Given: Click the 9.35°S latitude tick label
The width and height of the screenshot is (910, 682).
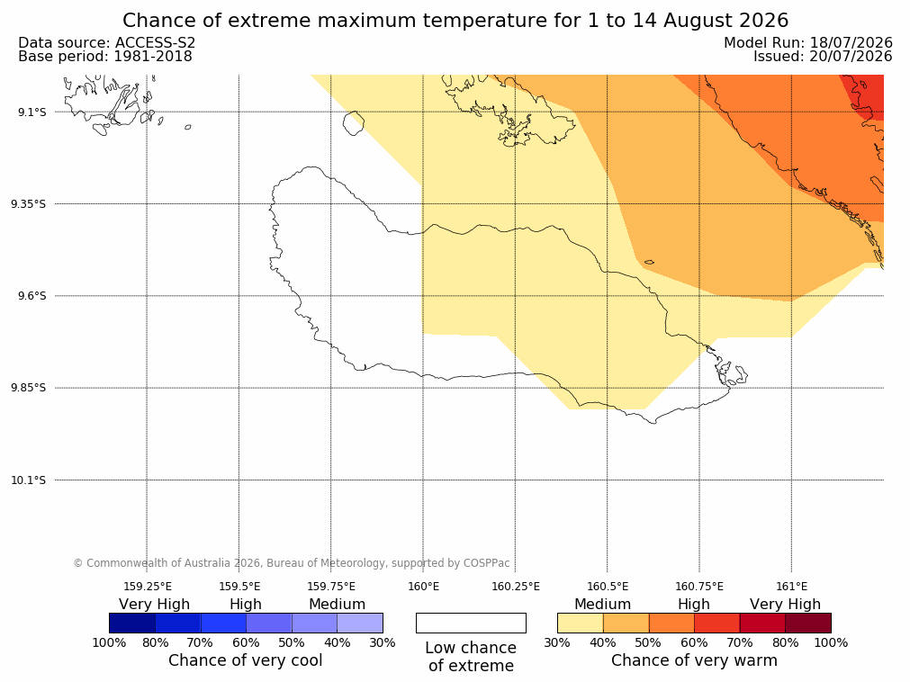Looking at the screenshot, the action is pos(29,203).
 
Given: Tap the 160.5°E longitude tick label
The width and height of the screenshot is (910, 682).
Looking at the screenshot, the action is pos(608,587).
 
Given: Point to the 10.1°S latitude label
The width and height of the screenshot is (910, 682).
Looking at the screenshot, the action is pos(29,480).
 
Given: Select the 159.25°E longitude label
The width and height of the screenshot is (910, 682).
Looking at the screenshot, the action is pos(148,587).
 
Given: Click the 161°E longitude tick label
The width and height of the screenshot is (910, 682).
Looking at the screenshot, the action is pos(791,587).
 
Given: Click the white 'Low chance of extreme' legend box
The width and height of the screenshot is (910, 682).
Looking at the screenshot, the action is pos(472,623).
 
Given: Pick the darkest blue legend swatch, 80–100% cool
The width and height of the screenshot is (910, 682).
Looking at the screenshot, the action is pos(132,623).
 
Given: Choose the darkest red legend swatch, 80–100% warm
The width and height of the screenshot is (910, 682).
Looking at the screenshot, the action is pos(808,623).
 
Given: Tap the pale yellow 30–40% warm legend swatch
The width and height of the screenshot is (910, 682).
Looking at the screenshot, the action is pos(581,623).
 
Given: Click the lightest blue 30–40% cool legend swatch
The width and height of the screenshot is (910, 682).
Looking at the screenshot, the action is pos(360,623).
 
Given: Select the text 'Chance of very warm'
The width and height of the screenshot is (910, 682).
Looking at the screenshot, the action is pos(694,660).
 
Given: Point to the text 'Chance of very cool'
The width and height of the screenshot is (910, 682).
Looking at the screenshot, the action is pos(246,660).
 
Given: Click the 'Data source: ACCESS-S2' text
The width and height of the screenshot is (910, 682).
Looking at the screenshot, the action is pos(107,43).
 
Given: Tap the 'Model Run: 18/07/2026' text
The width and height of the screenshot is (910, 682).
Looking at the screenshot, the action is pos(808,43).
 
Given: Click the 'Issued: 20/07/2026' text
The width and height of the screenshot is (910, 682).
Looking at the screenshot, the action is pos(823,57).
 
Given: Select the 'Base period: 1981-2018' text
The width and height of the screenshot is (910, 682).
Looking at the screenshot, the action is pos(105,57).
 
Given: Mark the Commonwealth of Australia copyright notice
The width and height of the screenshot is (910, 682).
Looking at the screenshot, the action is pos(292,563).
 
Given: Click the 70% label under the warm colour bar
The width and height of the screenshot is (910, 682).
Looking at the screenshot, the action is pos(739,642).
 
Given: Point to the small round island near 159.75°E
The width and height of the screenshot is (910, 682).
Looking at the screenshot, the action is pos(354,123).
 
